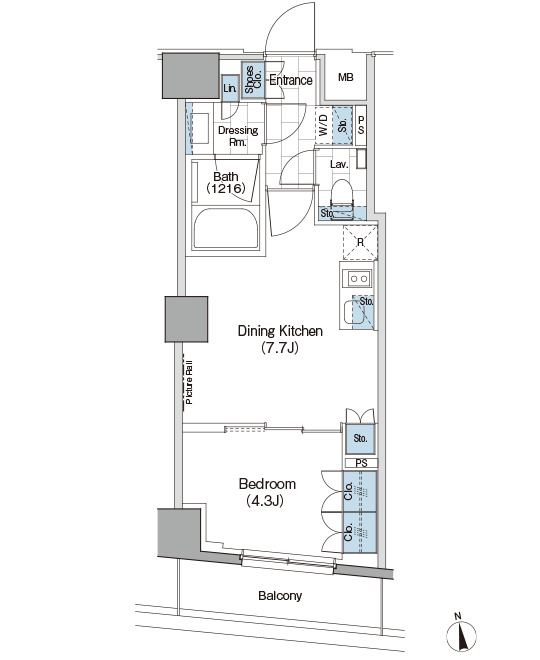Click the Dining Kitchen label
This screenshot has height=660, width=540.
coord(280,331)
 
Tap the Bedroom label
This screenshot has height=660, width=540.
coord(267,484)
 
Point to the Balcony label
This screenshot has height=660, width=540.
coord(280,596)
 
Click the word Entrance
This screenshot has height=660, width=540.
coord(291,80)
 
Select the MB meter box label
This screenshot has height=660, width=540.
coord(346,77)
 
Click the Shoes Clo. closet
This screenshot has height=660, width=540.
coord(253,80)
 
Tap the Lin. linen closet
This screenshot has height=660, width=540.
coord(230,88)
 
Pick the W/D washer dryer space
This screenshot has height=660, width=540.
coord(324,125)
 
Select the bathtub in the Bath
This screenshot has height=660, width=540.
coord(226,229)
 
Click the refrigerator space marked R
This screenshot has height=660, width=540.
coord(360,243)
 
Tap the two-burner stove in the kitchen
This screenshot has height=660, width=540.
coord(358,279)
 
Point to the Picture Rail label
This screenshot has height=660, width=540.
coord(189,382)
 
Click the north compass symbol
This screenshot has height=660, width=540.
coord(461,634)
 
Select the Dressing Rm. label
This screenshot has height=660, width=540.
coord(238,136)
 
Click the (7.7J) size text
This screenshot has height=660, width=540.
coord(280,348)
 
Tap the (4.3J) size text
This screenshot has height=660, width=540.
coord(265,501)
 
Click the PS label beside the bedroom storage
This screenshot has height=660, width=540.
coord(361,463)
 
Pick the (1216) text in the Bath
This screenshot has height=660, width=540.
coord(226,188)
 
